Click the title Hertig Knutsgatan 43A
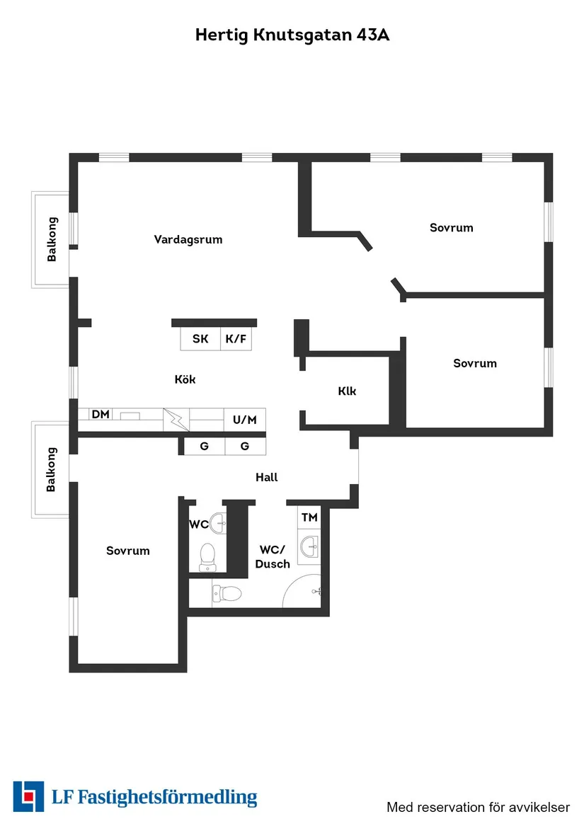click(x=292, y=35)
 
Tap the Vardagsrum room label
click(x=188, y=239)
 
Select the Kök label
click(x=185, y=379)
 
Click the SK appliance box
click(x=200, y=339)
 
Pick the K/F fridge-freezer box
click(x=236, y=339)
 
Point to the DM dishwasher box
click(x=101, y=414)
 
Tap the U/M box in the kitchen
click(x=245, y=420)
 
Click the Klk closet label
click(x=347, y=391)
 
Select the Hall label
click(x=267, y=477)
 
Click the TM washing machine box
click(x=309, y=517)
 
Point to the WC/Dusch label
click(x=273, y=556)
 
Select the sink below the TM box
click(x=309, y=546)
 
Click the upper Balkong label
click(x=52, y=239)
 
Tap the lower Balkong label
click(x=51, y=469)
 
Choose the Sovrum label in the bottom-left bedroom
click(x=128, y=551)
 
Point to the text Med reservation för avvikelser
click(x=478, y=807)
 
